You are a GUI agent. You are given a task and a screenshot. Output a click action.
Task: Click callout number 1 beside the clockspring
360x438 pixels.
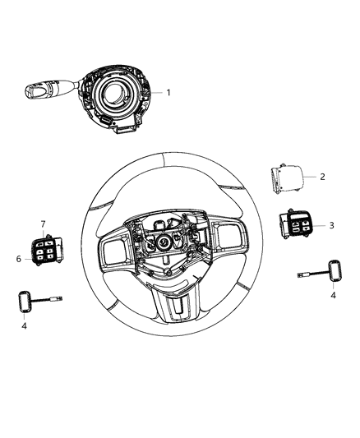(168, 92)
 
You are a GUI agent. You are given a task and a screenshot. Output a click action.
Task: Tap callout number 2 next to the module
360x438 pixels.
(322, 177)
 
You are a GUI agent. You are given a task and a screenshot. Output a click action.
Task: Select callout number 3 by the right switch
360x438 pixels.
(330, 224)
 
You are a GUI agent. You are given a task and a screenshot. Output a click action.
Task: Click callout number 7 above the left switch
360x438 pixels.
(43, 224)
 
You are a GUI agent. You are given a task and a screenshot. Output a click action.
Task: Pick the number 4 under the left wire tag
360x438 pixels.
(25, 327)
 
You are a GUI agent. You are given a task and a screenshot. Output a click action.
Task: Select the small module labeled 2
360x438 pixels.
(284, 178)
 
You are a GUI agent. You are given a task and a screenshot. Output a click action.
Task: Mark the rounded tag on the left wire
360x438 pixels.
(25, 302)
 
